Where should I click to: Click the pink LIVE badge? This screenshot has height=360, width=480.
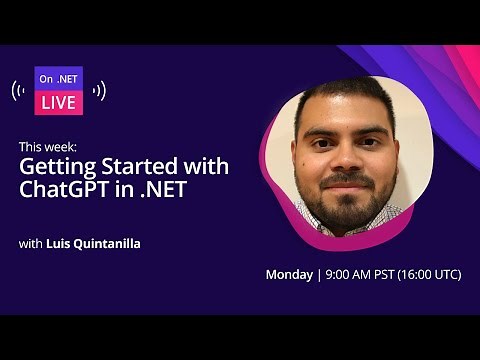(x=58, y=103)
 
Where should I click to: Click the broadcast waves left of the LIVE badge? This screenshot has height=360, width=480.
(x=18, y=91)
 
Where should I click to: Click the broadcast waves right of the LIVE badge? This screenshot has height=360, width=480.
(x=98, y=91)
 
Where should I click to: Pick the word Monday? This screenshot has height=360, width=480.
(x=288, y=274)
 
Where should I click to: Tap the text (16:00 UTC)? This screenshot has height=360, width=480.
(x=428, y=274)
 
